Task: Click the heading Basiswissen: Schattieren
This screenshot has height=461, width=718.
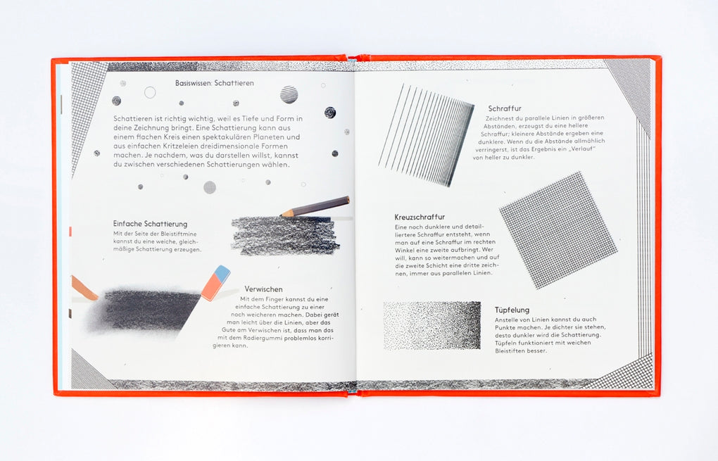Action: (214, 83)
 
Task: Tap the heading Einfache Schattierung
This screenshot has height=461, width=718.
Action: (150, 224)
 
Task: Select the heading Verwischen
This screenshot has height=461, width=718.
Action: (263, 289)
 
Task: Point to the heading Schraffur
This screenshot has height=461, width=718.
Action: (505, 108)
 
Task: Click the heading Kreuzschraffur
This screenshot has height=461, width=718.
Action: (420, 217)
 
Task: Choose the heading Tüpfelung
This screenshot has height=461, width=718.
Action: (512, 310)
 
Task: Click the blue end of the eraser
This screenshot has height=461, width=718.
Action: (222, 272)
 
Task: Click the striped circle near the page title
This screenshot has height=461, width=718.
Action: (289, 94)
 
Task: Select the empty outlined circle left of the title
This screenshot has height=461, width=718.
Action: (150, 92)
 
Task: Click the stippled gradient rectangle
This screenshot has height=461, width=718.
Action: (432, 325)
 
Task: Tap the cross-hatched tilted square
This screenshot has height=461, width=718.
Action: (558, 230)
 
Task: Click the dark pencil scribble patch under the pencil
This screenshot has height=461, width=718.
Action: (286, 235)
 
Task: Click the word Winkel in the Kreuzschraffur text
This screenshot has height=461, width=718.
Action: (405, 250)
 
